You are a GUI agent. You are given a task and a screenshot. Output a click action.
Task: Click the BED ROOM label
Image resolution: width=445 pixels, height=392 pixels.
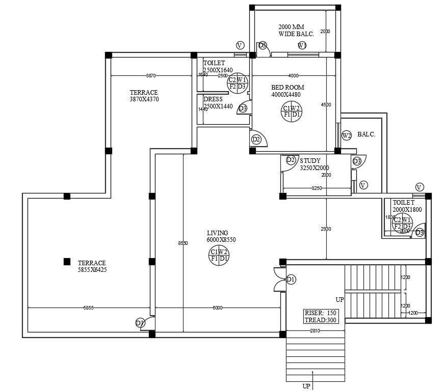pyautogui.click(x=287, y=88)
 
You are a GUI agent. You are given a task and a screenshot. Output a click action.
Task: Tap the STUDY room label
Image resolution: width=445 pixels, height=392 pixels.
pyautogui.click(x=310, y=161)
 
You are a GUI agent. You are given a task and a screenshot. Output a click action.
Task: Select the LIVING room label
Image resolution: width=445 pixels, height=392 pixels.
pyautogui.click(x=218, y=233)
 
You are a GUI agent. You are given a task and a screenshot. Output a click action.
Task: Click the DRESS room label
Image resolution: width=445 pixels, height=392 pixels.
pyautogui.click(x=213, y=99)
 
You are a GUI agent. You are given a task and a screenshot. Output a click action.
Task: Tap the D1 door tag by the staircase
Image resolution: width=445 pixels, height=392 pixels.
pyautogui.click(x=291, y=279)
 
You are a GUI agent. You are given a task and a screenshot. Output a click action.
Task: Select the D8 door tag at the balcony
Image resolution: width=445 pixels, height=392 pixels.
pyautogui.click(x=263, y=45)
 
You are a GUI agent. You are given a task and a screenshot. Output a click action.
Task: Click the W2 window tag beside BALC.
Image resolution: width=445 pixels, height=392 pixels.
pyautogui.click(x=347, y=135)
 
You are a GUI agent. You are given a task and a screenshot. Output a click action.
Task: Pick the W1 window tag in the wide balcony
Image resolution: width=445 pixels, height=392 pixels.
pyautogui.click(x=302, y=46)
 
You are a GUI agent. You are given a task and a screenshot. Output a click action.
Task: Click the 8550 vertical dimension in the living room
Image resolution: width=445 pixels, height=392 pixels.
pyautogui.click(x=183, y=243)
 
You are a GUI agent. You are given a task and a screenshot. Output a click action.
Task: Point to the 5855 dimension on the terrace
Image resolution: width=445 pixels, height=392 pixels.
pyautogui.click(x=88, y=308)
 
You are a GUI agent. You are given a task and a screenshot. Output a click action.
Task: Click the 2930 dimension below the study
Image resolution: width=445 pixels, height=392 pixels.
pyautogui.click(x=326, y=229)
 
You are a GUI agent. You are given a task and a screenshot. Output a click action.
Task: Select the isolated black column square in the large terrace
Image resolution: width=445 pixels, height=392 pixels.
pyautogui.click(x=67, y=262)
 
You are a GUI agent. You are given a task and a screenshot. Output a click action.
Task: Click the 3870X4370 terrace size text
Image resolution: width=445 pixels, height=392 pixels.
pyautogui.click(x=144, y=99)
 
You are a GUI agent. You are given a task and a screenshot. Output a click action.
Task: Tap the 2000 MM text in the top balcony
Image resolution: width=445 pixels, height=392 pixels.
pyautogui.click(x=291, y=26)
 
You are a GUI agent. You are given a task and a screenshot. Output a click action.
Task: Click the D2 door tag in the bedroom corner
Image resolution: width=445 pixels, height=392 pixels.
pyautogui.click(x=256, y=139)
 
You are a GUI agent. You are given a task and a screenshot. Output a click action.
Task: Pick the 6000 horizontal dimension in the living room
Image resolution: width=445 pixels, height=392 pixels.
pyautogui.click(x=218, y=308)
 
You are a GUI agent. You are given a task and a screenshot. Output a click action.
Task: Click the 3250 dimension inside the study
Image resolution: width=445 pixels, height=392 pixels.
pyautogui.click(x=317, y=188)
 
